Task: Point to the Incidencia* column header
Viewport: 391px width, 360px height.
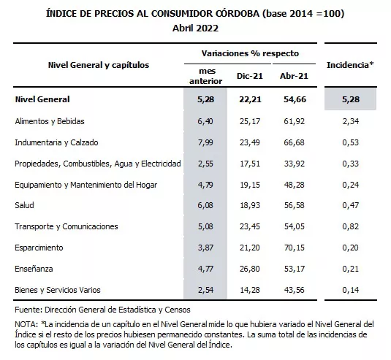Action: click(x=350, y=64)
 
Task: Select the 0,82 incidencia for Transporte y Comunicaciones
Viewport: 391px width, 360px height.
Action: click(x=350, y=228)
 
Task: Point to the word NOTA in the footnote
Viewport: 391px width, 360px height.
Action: click(x=26, y=323)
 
